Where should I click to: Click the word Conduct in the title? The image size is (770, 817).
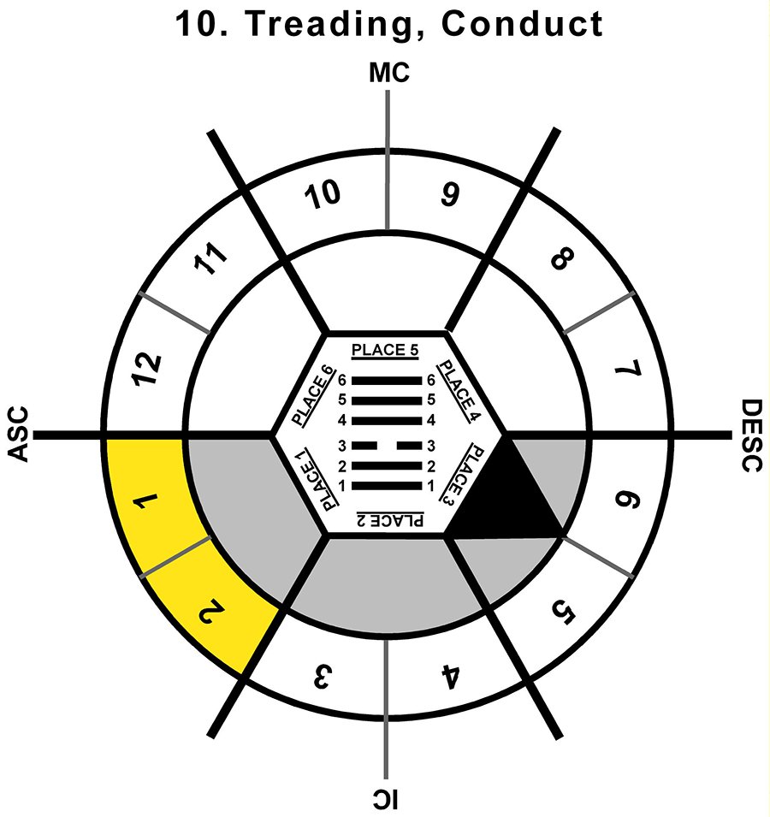tap(522, 23)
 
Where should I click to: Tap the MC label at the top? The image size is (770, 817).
tap(389, 73)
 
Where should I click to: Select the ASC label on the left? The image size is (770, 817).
tap(18, 434)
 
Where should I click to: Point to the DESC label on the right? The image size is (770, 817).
tap(752, 435)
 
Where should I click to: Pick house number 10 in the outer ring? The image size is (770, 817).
tap(323, 195)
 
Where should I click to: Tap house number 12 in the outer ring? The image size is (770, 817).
tap(147, 369)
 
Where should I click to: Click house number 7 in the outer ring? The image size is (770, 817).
tap(627, 369)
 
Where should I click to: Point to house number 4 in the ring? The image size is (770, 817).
tap(450, 677)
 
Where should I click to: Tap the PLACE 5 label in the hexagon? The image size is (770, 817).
tap(385, 350)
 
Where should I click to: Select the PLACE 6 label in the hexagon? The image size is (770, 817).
tap(312, 395)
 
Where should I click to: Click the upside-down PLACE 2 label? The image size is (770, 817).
tap(390, 520)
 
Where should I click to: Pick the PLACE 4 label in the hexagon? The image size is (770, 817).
tap(458, 390)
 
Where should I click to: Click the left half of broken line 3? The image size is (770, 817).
tap(364, 446)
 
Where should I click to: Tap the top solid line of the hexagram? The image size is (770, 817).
tap(386, 381)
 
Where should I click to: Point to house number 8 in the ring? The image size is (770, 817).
tap(561, 259)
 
